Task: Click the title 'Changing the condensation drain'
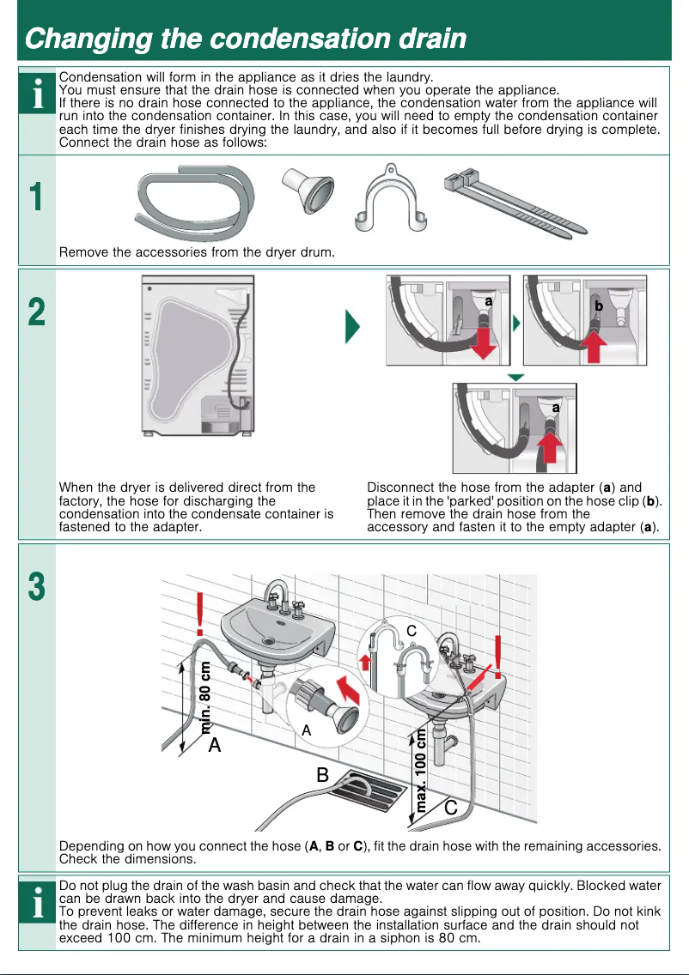click(246, 39)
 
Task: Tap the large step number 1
click(36, 198)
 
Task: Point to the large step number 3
click(36, 588)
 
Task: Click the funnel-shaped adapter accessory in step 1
click(307, 188)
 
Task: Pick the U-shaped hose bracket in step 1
click(393, 201)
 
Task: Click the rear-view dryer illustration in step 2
click(198, 356)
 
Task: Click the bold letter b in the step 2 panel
click(599, 306)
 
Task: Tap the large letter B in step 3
click(323, 775)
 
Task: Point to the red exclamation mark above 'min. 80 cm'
click(201, 610)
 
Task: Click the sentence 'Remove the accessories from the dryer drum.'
click(197, 252)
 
